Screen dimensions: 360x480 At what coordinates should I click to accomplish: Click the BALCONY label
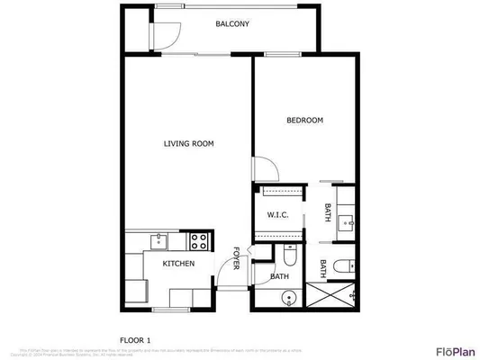point(232,24)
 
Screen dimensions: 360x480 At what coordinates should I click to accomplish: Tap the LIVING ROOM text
point(188,144)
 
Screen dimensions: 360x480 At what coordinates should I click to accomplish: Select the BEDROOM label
point(304,121)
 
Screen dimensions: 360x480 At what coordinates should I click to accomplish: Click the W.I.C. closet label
point(276,214)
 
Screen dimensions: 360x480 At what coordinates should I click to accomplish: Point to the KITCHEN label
point(178,264)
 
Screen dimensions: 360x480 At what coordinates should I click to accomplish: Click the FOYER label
point(236,258)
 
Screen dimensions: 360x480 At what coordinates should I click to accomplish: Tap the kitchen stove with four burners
point(198,240)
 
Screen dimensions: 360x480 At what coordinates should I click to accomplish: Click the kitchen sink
point(159,239)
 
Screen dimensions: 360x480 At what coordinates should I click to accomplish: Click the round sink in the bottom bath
point(288,299)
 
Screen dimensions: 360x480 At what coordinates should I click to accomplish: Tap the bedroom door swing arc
point(262,167)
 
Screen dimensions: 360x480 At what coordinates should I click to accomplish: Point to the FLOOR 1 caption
point(137,338)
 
